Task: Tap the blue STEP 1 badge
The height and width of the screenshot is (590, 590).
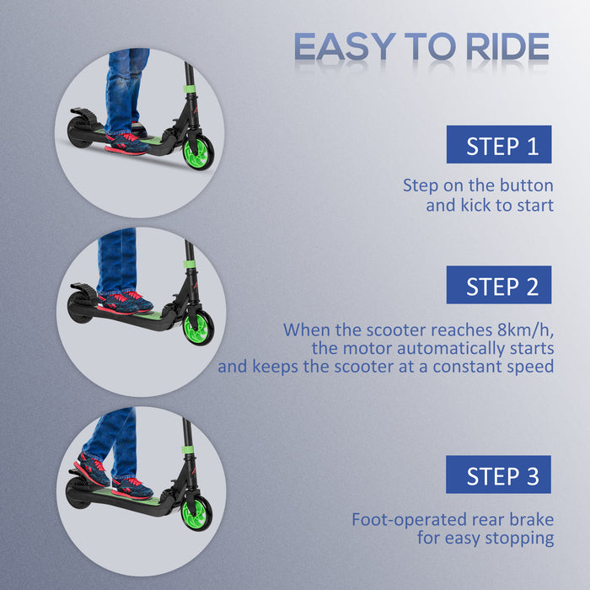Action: click(498, 145)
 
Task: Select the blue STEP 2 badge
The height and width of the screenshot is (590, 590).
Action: click(498, 285)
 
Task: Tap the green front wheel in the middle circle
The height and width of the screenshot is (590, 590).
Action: click(198, 328)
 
